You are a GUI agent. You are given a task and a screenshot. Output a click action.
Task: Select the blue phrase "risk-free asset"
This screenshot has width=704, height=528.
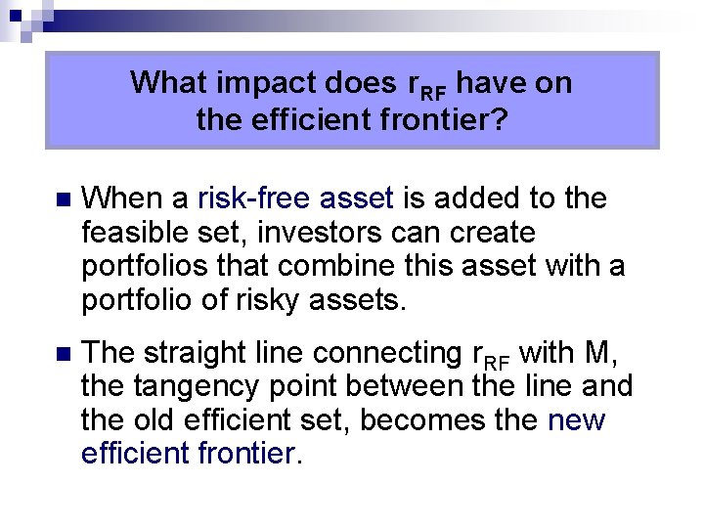coord(296,199)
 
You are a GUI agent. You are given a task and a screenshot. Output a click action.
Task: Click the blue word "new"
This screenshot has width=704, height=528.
coord(577,420)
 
